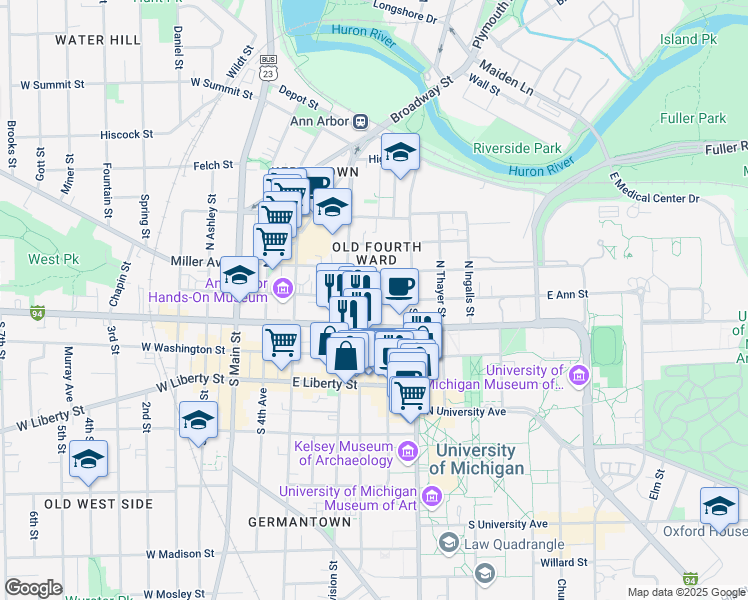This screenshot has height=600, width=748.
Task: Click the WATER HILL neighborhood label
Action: [98, 40]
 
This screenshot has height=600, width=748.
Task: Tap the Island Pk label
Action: [689, 39]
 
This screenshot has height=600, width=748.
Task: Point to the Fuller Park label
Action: [693, 118]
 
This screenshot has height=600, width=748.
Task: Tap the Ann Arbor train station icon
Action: [360, 121]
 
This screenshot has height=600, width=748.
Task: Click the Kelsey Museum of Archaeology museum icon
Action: [407, 453]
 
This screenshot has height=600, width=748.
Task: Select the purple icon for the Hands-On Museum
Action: [283, 289]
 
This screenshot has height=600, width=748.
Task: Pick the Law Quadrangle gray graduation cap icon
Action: [448, 543]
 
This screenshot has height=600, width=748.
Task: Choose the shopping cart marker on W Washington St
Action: [281, 341]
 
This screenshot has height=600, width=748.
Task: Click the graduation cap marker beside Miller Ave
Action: [239, 273]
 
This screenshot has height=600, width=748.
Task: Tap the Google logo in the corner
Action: [33, 588]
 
